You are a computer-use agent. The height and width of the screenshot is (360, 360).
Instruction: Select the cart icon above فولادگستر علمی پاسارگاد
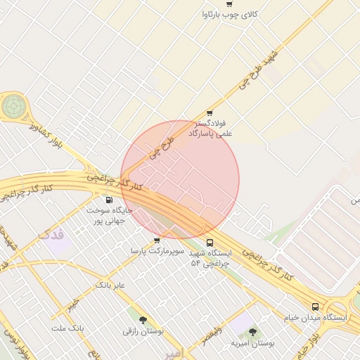[209, 113]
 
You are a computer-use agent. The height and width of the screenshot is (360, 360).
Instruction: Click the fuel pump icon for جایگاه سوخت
[108, 199]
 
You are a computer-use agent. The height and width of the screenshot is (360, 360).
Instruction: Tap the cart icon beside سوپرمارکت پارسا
[156, 240]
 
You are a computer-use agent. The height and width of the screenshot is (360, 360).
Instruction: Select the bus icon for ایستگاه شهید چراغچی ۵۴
[210, 243]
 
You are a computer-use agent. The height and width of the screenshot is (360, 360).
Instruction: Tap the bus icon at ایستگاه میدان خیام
[314, 307]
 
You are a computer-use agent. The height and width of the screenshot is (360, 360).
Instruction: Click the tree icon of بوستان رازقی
[143, 320]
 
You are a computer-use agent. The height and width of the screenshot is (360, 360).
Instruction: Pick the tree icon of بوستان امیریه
[252, 332]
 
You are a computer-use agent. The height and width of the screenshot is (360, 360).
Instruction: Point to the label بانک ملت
[67, 328]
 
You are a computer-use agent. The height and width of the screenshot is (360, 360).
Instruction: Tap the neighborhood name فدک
[51, 233]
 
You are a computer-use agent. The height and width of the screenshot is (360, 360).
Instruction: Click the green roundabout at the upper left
[13, 106]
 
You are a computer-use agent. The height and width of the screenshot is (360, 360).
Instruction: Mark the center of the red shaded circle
[180, 179]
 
